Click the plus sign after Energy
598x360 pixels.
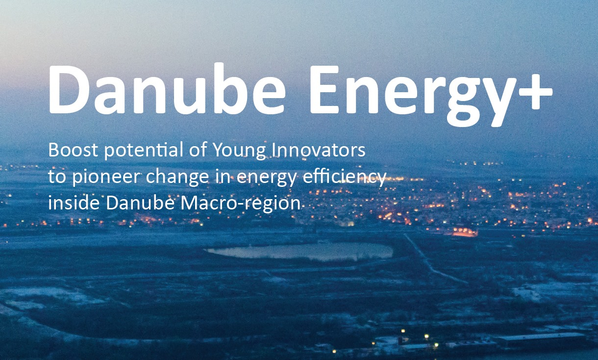tap(536, 91)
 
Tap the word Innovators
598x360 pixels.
tap(320, 151)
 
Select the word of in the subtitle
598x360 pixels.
tap(197, 151)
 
